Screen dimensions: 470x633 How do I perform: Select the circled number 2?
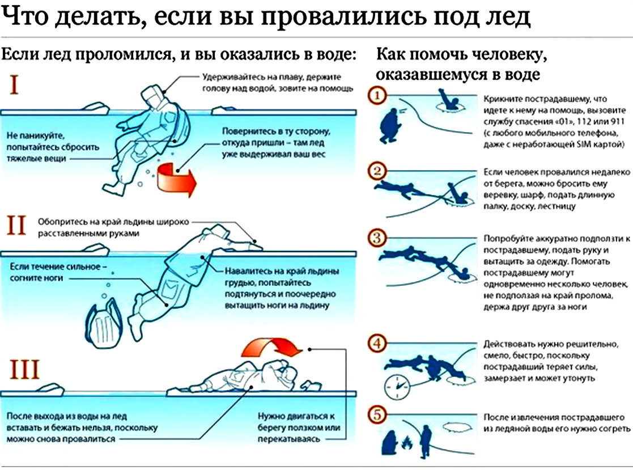(376, 171)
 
